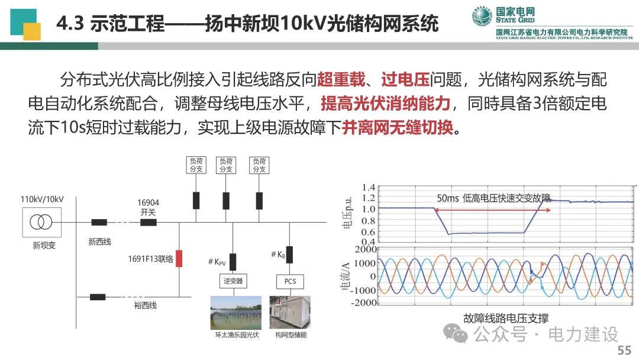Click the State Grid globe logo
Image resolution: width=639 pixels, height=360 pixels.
pos(482,16)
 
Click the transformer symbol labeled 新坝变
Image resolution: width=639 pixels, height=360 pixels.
pos(41,222)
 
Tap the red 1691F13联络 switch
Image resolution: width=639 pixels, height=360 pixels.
pos(179,259)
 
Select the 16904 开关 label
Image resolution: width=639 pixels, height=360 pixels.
pos(148,207)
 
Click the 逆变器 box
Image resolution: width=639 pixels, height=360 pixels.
pos(233,281)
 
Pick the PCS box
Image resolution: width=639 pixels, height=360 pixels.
pos(290,281)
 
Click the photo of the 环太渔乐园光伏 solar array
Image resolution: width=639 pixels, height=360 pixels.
pos(236,313)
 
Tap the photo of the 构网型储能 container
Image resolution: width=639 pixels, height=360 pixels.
pos(290,313)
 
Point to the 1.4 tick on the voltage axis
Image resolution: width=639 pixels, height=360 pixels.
pos(369,188)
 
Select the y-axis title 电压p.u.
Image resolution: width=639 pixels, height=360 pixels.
pos(347,213)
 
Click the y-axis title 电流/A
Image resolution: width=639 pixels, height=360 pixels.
pos(345,276)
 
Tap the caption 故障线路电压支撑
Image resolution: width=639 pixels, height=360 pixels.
pos(506,318)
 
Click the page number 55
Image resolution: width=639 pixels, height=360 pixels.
pos(624,350)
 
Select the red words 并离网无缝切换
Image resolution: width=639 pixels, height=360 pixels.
pos(398,128)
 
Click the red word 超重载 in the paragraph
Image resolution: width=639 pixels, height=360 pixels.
pos(341,79)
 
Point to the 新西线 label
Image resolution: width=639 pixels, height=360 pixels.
pos(100,242)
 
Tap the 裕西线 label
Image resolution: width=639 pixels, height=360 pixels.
pos(146,306)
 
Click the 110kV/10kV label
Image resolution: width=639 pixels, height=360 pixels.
pos(42,200)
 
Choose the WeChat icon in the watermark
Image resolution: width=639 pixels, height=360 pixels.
pos(456,333)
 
